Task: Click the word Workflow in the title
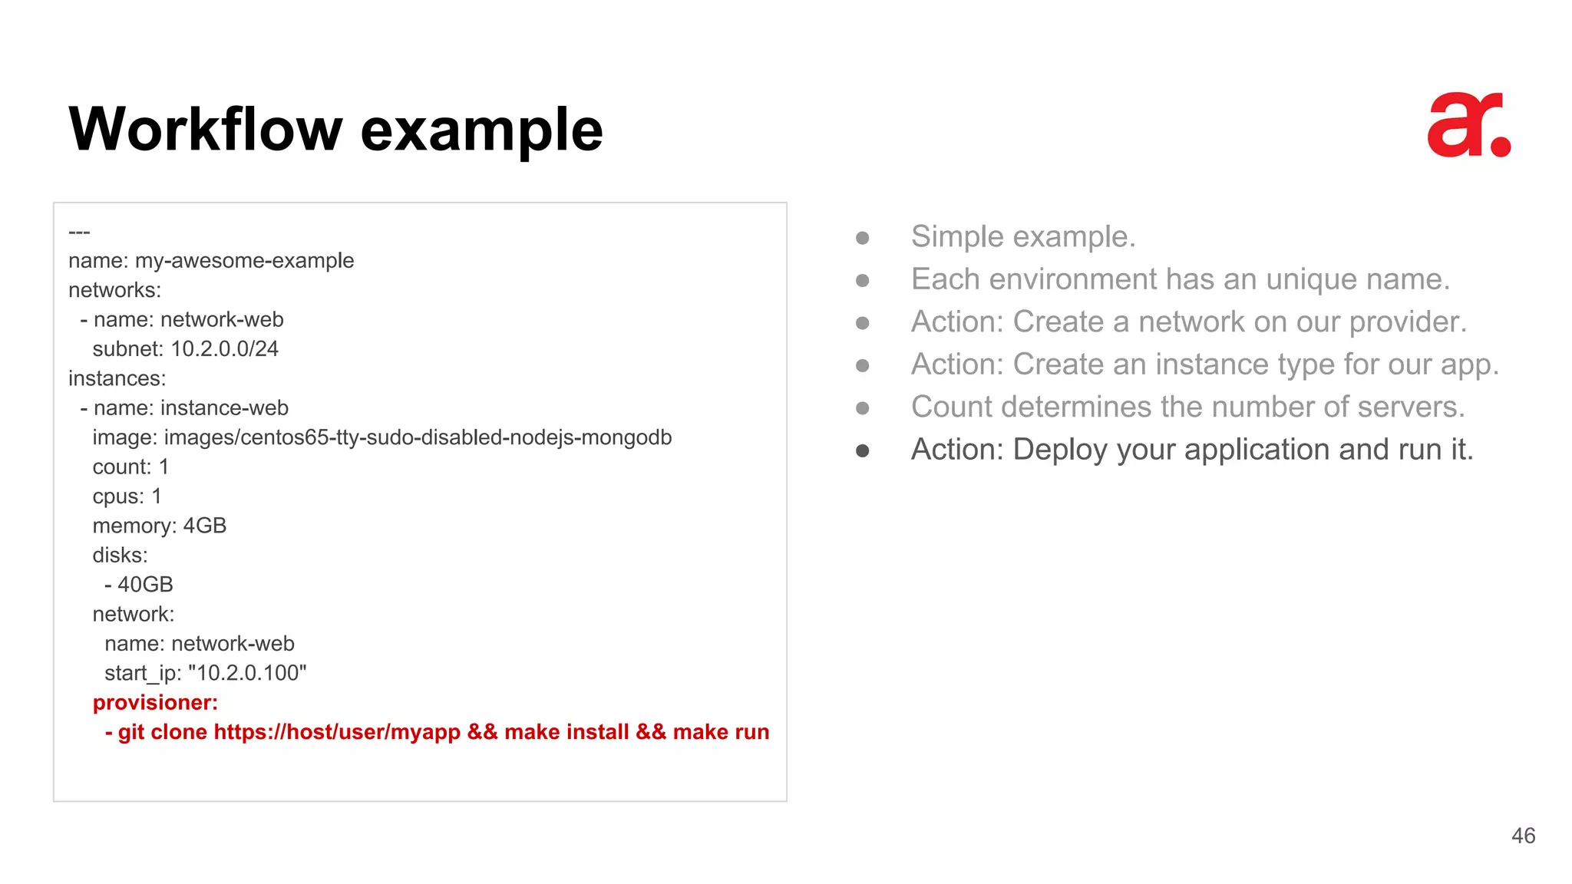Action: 205,129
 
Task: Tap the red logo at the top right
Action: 1468,127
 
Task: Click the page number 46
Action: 1523,836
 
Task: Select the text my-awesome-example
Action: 244,261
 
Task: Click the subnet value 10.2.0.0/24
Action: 224,349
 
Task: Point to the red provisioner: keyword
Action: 155,703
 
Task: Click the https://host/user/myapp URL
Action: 337,732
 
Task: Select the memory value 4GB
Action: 204,526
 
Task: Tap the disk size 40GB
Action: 145,585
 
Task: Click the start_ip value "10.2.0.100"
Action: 247,673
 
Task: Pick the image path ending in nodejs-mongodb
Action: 418,437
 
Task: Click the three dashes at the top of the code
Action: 79,232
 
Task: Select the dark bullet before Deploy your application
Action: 862,450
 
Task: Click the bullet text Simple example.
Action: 1022,236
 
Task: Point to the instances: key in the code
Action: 117,378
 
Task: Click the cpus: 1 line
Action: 127,496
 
